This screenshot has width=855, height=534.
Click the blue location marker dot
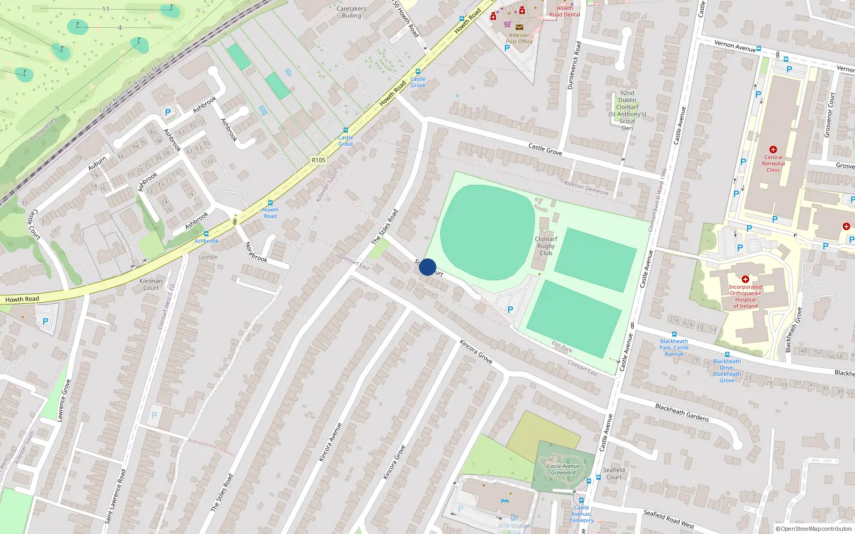428,267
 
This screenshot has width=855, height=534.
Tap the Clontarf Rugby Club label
546,246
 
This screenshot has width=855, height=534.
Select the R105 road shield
318,160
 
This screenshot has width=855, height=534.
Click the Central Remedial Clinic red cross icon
773,150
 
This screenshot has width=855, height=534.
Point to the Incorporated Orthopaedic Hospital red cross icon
745,279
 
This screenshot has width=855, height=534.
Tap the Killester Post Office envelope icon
519,27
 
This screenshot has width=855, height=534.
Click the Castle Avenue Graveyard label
563,469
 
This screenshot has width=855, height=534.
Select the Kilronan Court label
151,284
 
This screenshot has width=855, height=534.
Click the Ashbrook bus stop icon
206,234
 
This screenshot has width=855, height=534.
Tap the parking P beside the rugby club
510,310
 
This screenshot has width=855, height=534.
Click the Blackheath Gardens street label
682,412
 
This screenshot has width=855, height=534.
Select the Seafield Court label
613,474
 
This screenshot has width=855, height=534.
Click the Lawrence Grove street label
64,400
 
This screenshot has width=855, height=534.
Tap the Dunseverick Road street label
574,65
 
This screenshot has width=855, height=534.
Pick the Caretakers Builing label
352,12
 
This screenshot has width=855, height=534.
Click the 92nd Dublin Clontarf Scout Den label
627,111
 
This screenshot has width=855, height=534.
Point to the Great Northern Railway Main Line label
137,84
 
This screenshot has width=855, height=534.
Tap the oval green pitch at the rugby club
487,232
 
